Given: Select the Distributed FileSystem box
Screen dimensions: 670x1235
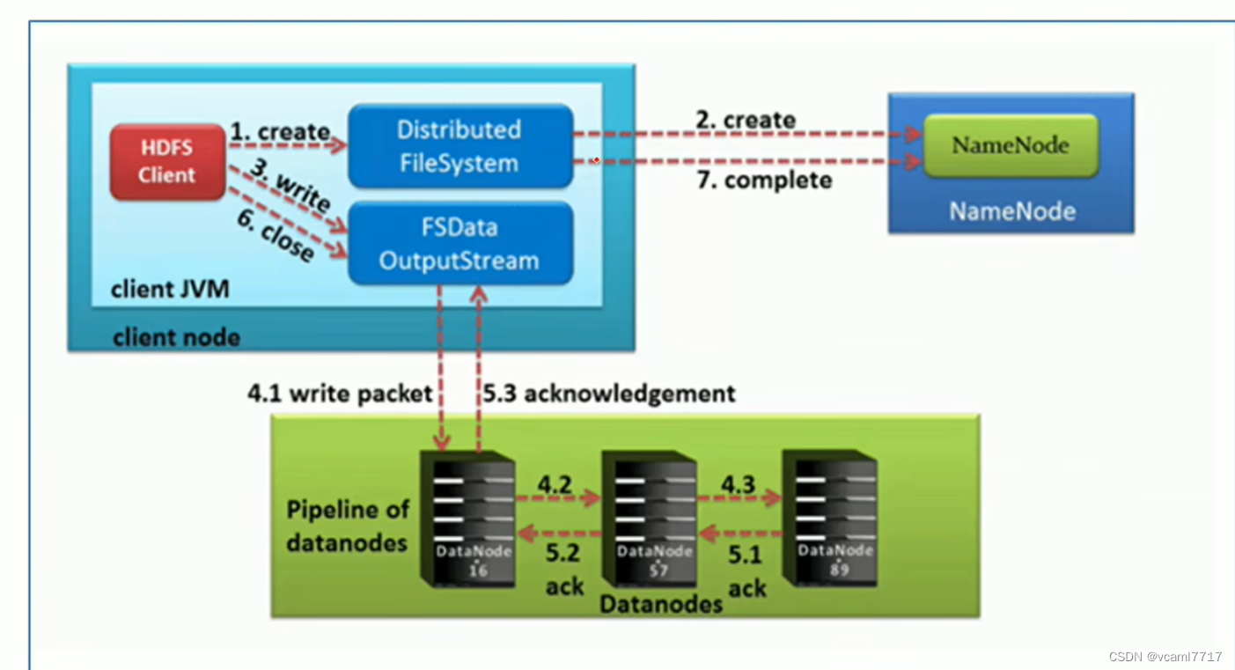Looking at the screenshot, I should point(459,146).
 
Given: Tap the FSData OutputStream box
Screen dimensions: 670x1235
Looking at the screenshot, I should point(459,244).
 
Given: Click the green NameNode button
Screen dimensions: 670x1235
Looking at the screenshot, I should point(1009,145).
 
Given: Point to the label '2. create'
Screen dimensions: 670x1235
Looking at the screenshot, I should point(746,120).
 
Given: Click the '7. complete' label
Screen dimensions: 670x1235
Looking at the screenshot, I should point(764,180).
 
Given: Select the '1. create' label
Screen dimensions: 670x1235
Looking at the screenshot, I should point(280,132).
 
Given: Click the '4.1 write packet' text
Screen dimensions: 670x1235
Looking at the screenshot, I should point(340,393).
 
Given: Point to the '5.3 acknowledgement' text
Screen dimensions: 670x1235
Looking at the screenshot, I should point(608,393).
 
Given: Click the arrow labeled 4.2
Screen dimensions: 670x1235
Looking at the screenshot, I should point(558,498).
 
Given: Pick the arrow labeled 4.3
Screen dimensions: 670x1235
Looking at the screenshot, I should point(739,498).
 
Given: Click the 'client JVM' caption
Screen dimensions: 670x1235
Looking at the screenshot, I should point(170,289).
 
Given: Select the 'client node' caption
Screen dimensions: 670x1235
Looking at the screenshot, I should point(176,337).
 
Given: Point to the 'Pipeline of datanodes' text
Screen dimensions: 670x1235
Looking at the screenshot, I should point(347,526).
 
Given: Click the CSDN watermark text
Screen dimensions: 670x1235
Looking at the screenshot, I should point(1165,657).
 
